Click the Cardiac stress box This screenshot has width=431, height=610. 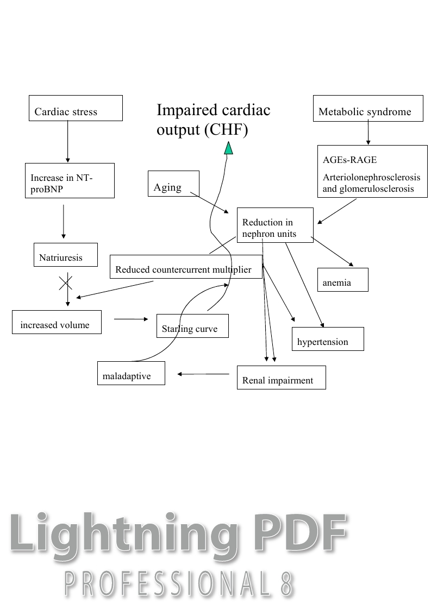[75, 108]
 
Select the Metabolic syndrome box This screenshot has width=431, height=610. [368, 108]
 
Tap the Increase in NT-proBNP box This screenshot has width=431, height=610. [70, 180]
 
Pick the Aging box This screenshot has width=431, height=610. [173, 184]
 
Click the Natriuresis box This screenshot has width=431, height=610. [65, 255]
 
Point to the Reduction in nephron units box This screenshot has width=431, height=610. [275, 225]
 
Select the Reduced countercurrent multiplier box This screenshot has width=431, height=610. [186, 267]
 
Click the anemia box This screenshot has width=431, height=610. [342, 280]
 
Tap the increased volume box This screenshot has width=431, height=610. [57, 322]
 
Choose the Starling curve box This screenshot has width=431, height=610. [192, 326]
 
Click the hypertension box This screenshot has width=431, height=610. [328, 339]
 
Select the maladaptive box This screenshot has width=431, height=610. [131, 373]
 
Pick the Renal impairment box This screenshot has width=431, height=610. [281, 378]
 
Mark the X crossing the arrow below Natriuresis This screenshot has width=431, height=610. [66, 282]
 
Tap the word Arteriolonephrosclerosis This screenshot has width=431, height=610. [371, 178]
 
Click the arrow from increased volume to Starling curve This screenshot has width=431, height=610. [131, 319]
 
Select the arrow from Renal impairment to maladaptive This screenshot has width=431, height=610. [203, 374]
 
